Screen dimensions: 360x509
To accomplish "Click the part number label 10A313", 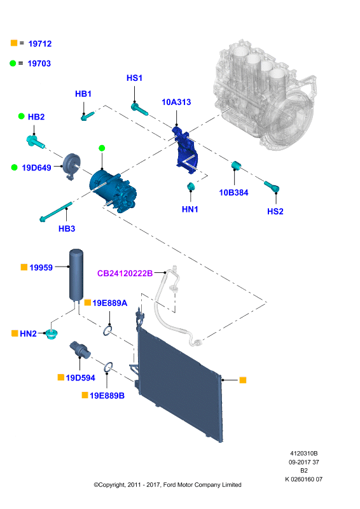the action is pos(176,102).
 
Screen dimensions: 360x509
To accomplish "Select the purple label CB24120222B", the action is pos(125,274).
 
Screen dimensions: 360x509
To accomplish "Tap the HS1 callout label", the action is pos(134,78).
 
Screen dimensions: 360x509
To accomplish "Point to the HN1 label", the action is pos(190,209).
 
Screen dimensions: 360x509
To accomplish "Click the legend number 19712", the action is pos(40,43).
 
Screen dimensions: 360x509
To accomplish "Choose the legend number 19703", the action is pos(39,63).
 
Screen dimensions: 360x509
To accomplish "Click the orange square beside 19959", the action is pos(24,267).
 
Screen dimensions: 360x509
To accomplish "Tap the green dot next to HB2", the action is pos(22,116).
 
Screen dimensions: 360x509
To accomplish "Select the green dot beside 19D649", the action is pos(14,167).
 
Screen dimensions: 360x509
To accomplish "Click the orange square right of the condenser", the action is pos(243,380).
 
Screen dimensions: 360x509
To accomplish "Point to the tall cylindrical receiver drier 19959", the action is pos(76,274).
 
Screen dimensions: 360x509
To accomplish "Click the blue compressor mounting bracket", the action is pos(185,150).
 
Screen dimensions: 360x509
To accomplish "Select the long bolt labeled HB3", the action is pos(56,212).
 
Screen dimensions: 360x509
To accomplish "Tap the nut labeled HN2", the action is pos(52,334).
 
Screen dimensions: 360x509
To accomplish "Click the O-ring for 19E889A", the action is pos(108,331).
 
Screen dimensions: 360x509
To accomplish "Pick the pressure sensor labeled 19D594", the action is pos(80,350).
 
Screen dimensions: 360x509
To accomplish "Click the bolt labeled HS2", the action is pos(272,186).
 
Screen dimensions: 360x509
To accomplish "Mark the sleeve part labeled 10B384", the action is pos(236,165).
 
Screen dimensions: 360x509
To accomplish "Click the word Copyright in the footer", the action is pos(111,485).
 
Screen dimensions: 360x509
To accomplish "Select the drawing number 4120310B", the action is pos(304,454).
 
